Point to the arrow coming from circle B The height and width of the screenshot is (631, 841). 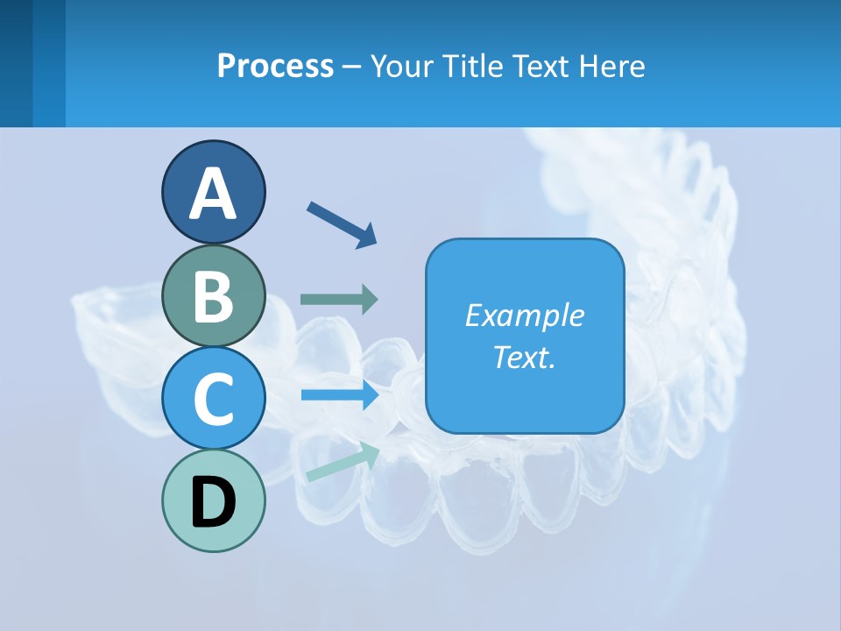pos(339,300)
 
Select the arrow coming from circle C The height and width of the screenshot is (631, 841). pos(339,395)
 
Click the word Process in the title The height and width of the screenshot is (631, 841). pos(275,66)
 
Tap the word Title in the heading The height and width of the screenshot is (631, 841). pos(474,66)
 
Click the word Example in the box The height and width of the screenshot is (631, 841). pos(524,315)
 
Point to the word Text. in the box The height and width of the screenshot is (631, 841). pos(524,357)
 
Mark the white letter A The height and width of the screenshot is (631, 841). pos(213,195)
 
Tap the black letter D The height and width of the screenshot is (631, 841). pos(213,503)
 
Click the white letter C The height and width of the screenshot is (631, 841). pos(213,400)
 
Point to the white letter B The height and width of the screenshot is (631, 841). pos(213,296)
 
